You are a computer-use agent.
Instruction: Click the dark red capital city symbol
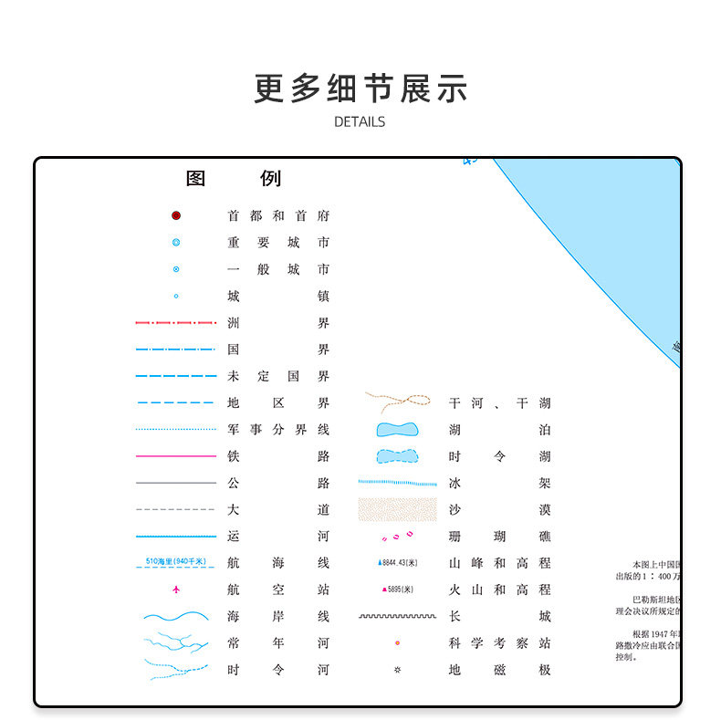coord(176,216)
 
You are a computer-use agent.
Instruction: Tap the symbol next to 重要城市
coord(176,243)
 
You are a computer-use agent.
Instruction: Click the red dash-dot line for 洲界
coord(176,323)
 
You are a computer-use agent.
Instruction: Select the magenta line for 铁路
coord(176,456)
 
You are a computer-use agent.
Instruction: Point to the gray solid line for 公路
coord(176,483)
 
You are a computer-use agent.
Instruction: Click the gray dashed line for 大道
coord(176,509)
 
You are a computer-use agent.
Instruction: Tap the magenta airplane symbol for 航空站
coord(176,590)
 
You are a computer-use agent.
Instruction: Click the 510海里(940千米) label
coord(176,560)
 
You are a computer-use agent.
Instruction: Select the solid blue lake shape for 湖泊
coord(397,430)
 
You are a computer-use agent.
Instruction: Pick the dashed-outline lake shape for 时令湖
coord(397,456)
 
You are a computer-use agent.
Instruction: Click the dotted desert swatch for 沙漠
coord(397,509)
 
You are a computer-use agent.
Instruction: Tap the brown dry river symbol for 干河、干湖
coord(398,402)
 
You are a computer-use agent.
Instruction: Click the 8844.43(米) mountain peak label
coord(398,563)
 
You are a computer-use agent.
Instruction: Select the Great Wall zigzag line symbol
coord(397,617)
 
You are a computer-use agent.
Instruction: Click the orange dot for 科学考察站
coord(397,643)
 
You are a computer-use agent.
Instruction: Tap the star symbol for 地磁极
coord(397,670)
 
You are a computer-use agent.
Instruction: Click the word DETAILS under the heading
coord(360,121)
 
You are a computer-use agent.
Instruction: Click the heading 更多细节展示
coord(360,89)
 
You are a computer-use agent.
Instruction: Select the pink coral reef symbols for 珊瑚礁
coord(397,537)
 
